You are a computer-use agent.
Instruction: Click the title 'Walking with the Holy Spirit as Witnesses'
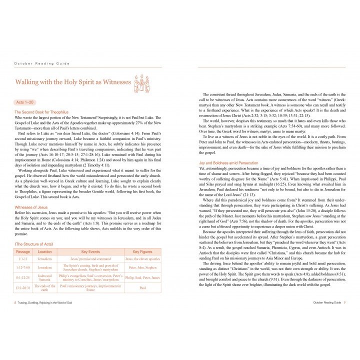coord(73,82)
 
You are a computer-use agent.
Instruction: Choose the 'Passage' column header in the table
coord(23,251)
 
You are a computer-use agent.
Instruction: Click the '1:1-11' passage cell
coord(23,259)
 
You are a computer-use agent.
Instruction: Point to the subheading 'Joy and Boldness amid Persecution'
coord(228,163)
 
